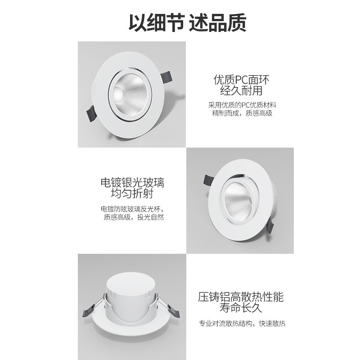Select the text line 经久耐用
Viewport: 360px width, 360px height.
pyautogui.click(x=242, y=92)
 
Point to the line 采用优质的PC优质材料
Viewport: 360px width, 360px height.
pyautogui.click(x=242, y=105)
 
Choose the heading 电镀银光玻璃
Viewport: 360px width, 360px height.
pyautogui.click(x=132, y=184)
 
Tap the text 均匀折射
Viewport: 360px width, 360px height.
pyautogui.click(x=132, y=195)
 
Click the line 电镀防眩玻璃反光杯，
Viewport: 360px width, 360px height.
pyautogui.click(x=132, y=209)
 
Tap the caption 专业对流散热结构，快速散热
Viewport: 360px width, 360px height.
pyautogui.click(x=242, y=324)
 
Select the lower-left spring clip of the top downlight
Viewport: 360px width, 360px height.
pyautogui.click(x=90, y=115)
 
